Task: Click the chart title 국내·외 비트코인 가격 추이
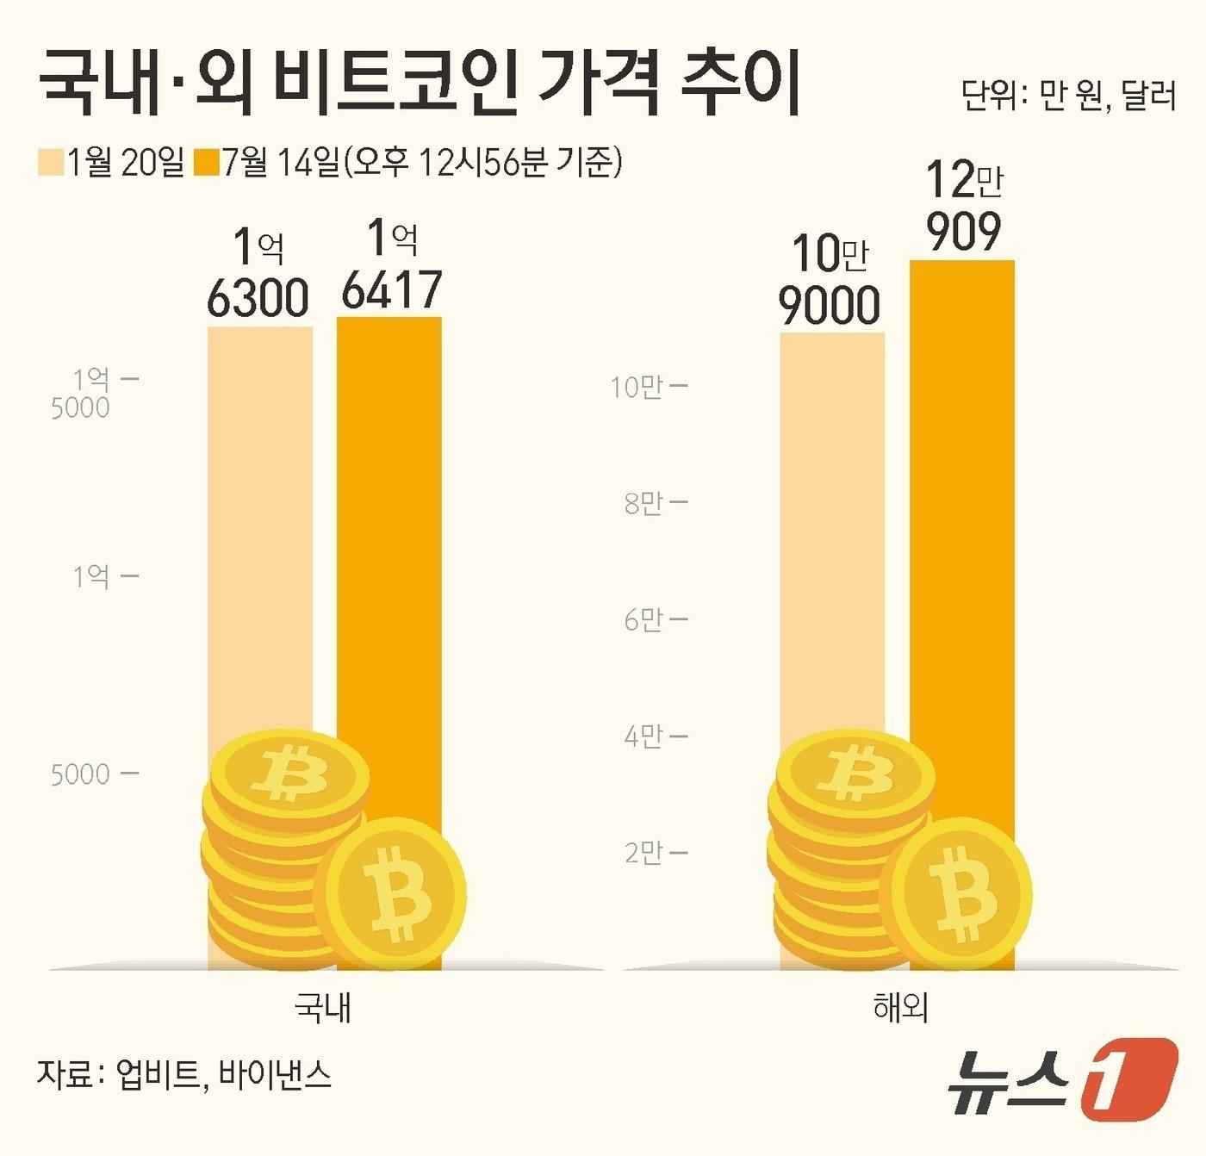[x=420, y=84]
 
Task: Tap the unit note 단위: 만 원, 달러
[x=1068, y=96]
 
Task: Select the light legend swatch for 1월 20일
[x=51, y=162]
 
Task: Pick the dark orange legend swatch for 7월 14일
[x=208, y=162]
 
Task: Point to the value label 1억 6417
[x=392, y=265]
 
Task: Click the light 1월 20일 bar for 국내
[x=259, y=517]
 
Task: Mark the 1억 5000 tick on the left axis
[x=90, y=393]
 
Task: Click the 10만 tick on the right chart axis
[x=637, y=388]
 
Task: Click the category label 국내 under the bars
[x=322, y=1007]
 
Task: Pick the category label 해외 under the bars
[x=900, y=1007]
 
